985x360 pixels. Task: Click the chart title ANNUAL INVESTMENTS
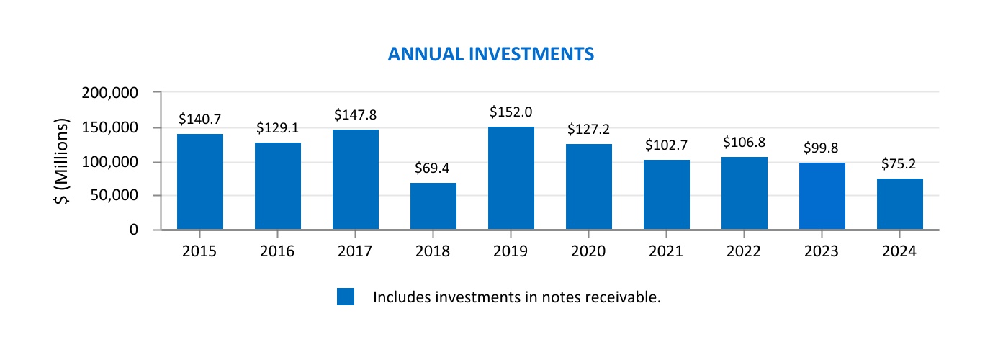coord(490,54)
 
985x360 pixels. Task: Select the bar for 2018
coord(433,206)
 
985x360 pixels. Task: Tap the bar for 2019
coord(511,178)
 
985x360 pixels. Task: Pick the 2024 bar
coord(900,204)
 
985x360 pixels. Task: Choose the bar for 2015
coord(200,181)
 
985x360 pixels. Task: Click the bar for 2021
coord(667,194)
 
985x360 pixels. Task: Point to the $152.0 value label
coord(511,112)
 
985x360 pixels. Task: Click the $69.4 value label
coord(433,168)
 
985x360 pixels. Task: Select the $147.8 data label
coord(356,114)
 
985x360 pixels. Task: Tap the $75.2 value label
coord(900,164)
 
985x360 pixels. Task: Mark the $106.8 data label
coord(745,143)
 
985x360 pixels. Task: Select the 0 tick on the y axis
coord(134,230)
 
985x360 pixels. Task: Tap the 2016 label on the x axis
coord(278,251)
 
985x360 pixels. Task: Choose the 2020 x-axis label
coord(589,251)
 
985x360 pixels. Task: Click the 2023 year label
coord(822,251)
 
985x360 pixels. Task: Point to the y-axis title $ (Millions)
coord(63,161)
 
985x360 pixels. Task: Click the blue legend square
coord(346,297)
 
